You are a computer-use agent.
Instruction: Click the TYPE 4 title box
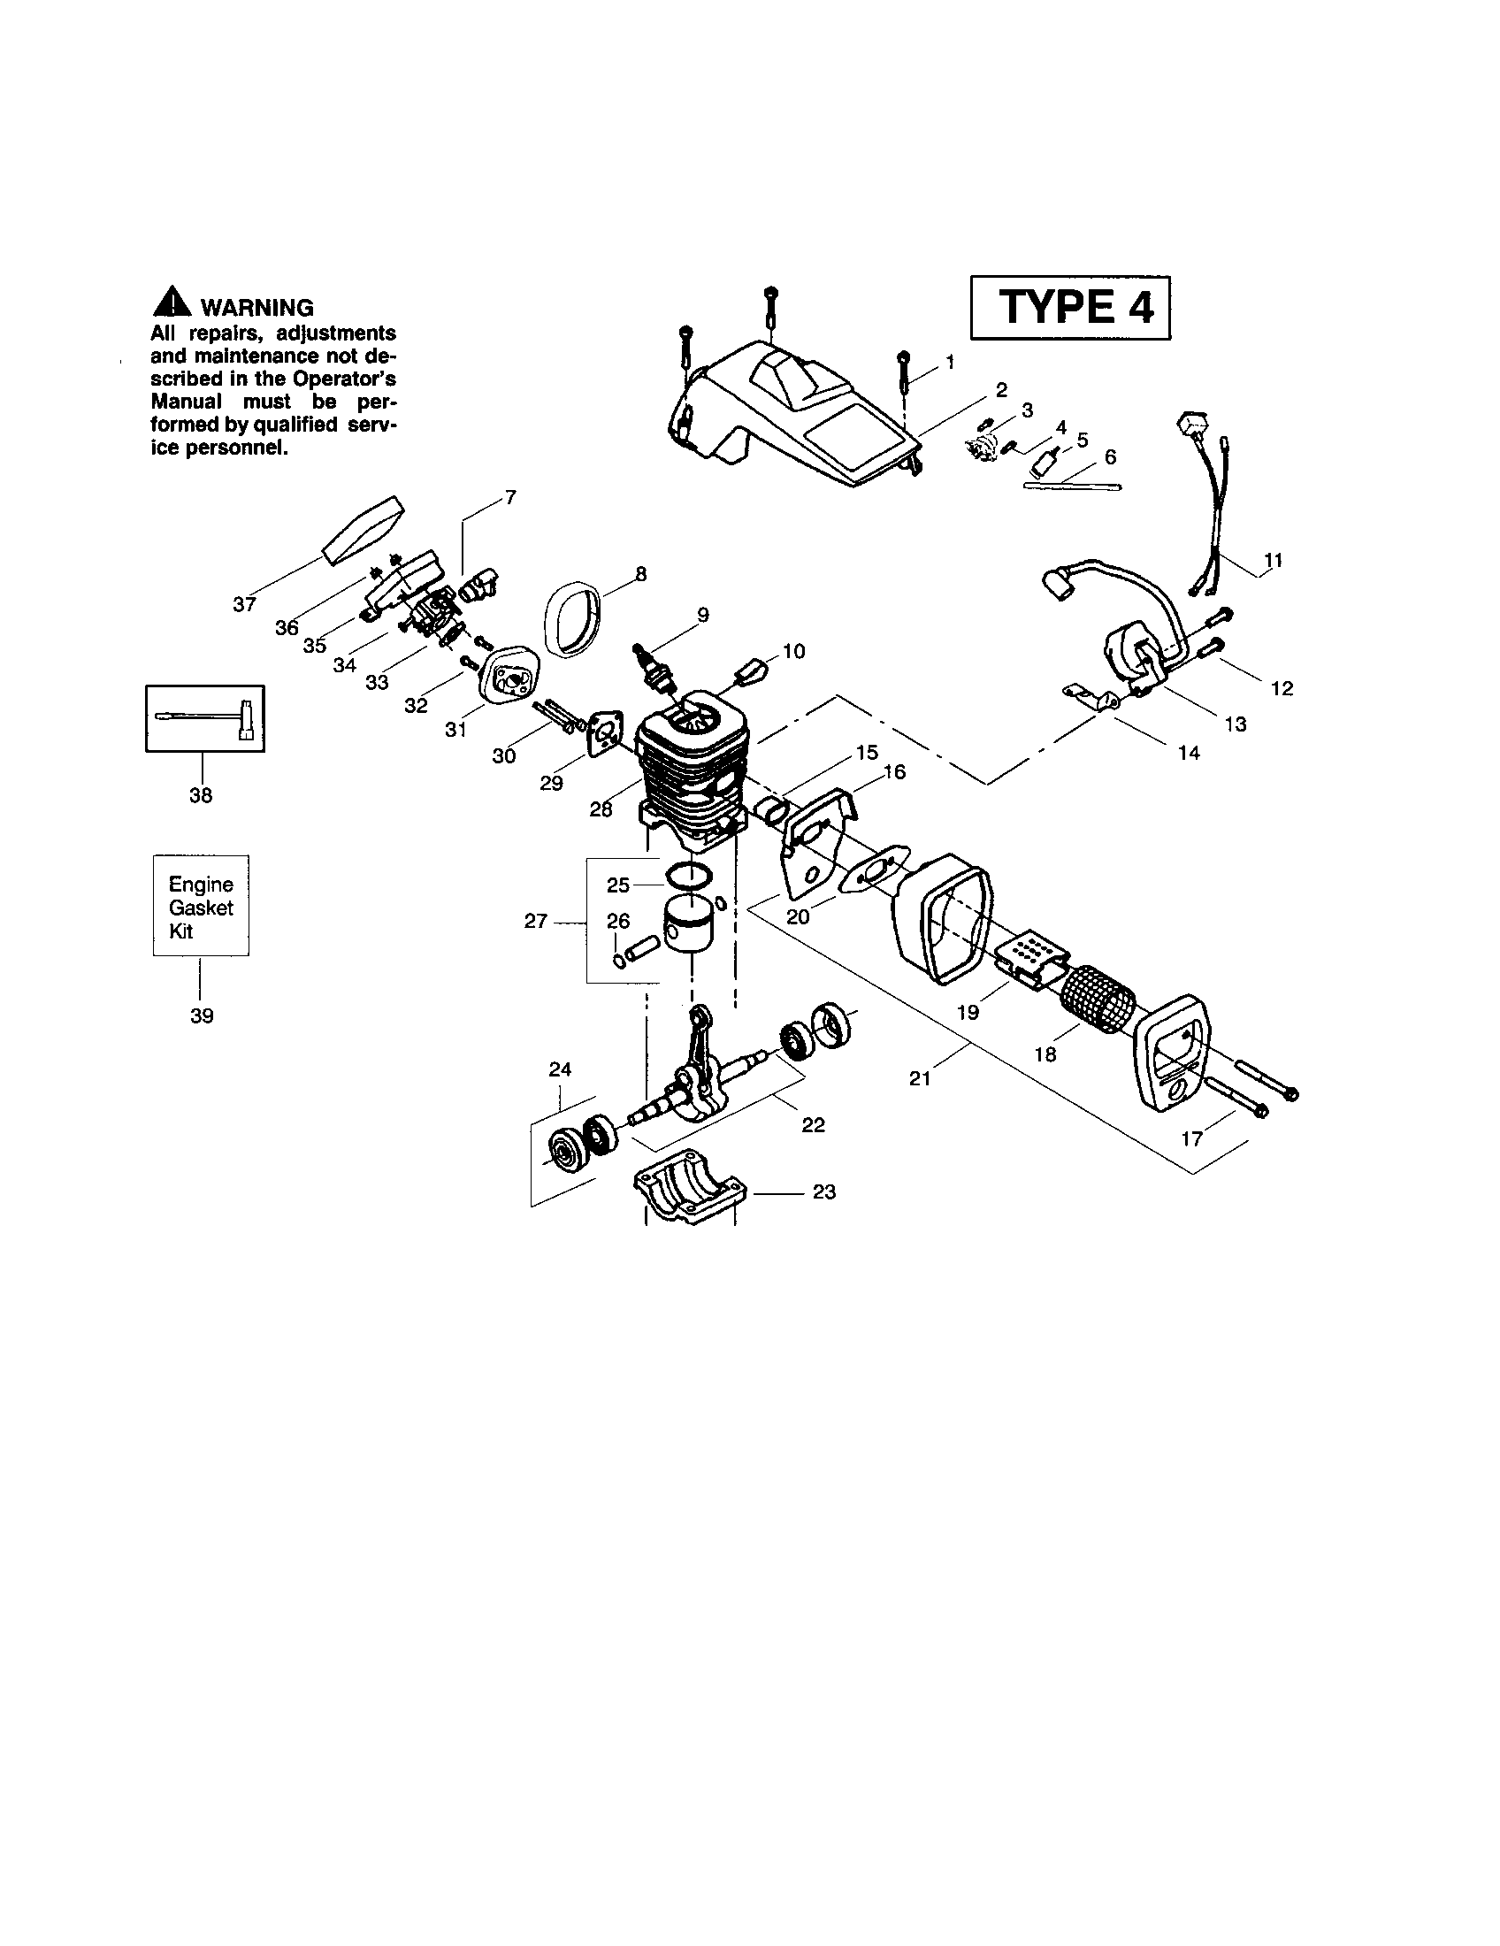coord(1070,308)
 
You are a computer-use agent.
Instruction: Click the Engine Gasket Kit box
coord(201,906)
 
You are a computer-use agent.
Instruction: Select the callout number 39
coord(203,1015)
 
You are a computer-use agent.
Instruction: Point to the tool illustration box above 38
coord(205,718)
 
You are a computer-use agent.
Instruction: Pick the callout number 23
coord(824,1191)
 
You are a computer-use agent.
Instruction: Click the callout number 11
coord(1273,561)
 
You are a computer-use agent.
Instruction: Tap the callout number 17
coord(1192,1138)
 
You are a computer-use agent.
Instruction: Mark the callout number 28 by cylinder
coord(601,809)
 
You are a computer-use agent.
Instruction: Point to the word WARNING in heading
coord(256,309)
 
